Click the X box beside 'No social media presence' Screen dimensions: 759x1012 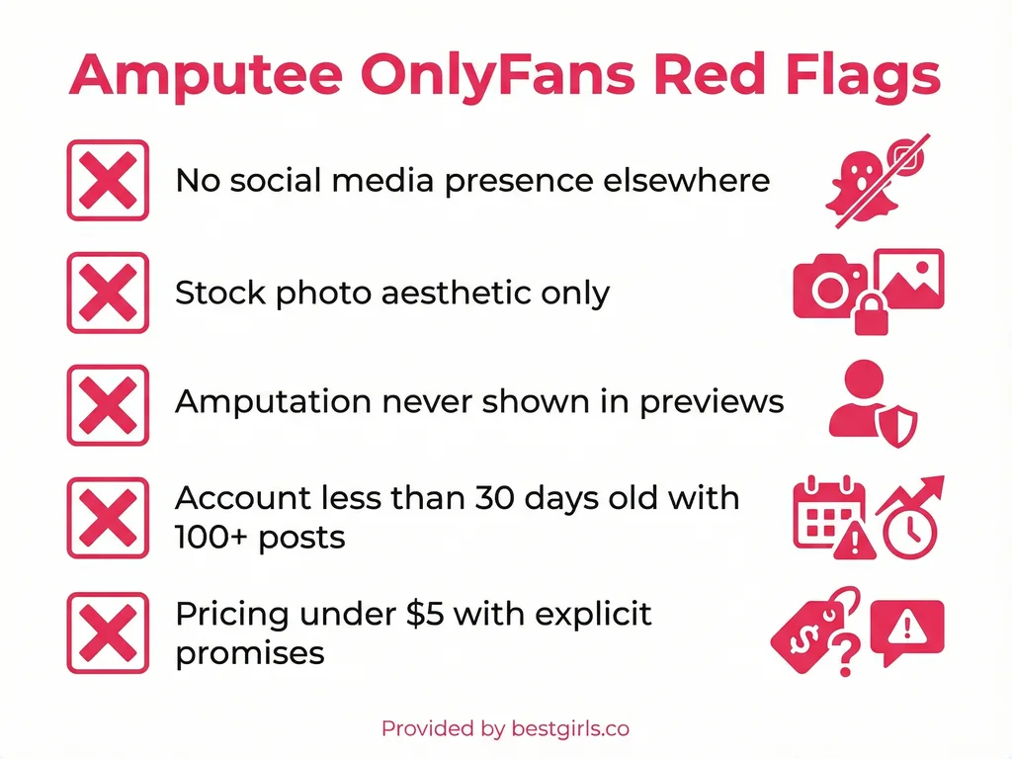(x=107, y=180)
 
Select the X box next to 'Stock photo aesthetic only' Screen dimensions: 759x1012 (x=107, y=293)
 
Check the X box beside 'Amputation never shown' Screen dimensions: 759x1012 (x=107, y=404)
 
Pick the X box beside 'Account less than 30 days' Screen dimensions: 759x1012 (x=107, y=517)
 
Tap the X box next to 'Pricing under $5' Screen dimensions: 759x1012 (x=107, y=631)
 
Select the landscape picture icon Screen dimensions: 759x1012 (x=910, y=279)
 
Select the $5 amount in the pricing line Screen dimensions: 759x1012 (x=424, y=614)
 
